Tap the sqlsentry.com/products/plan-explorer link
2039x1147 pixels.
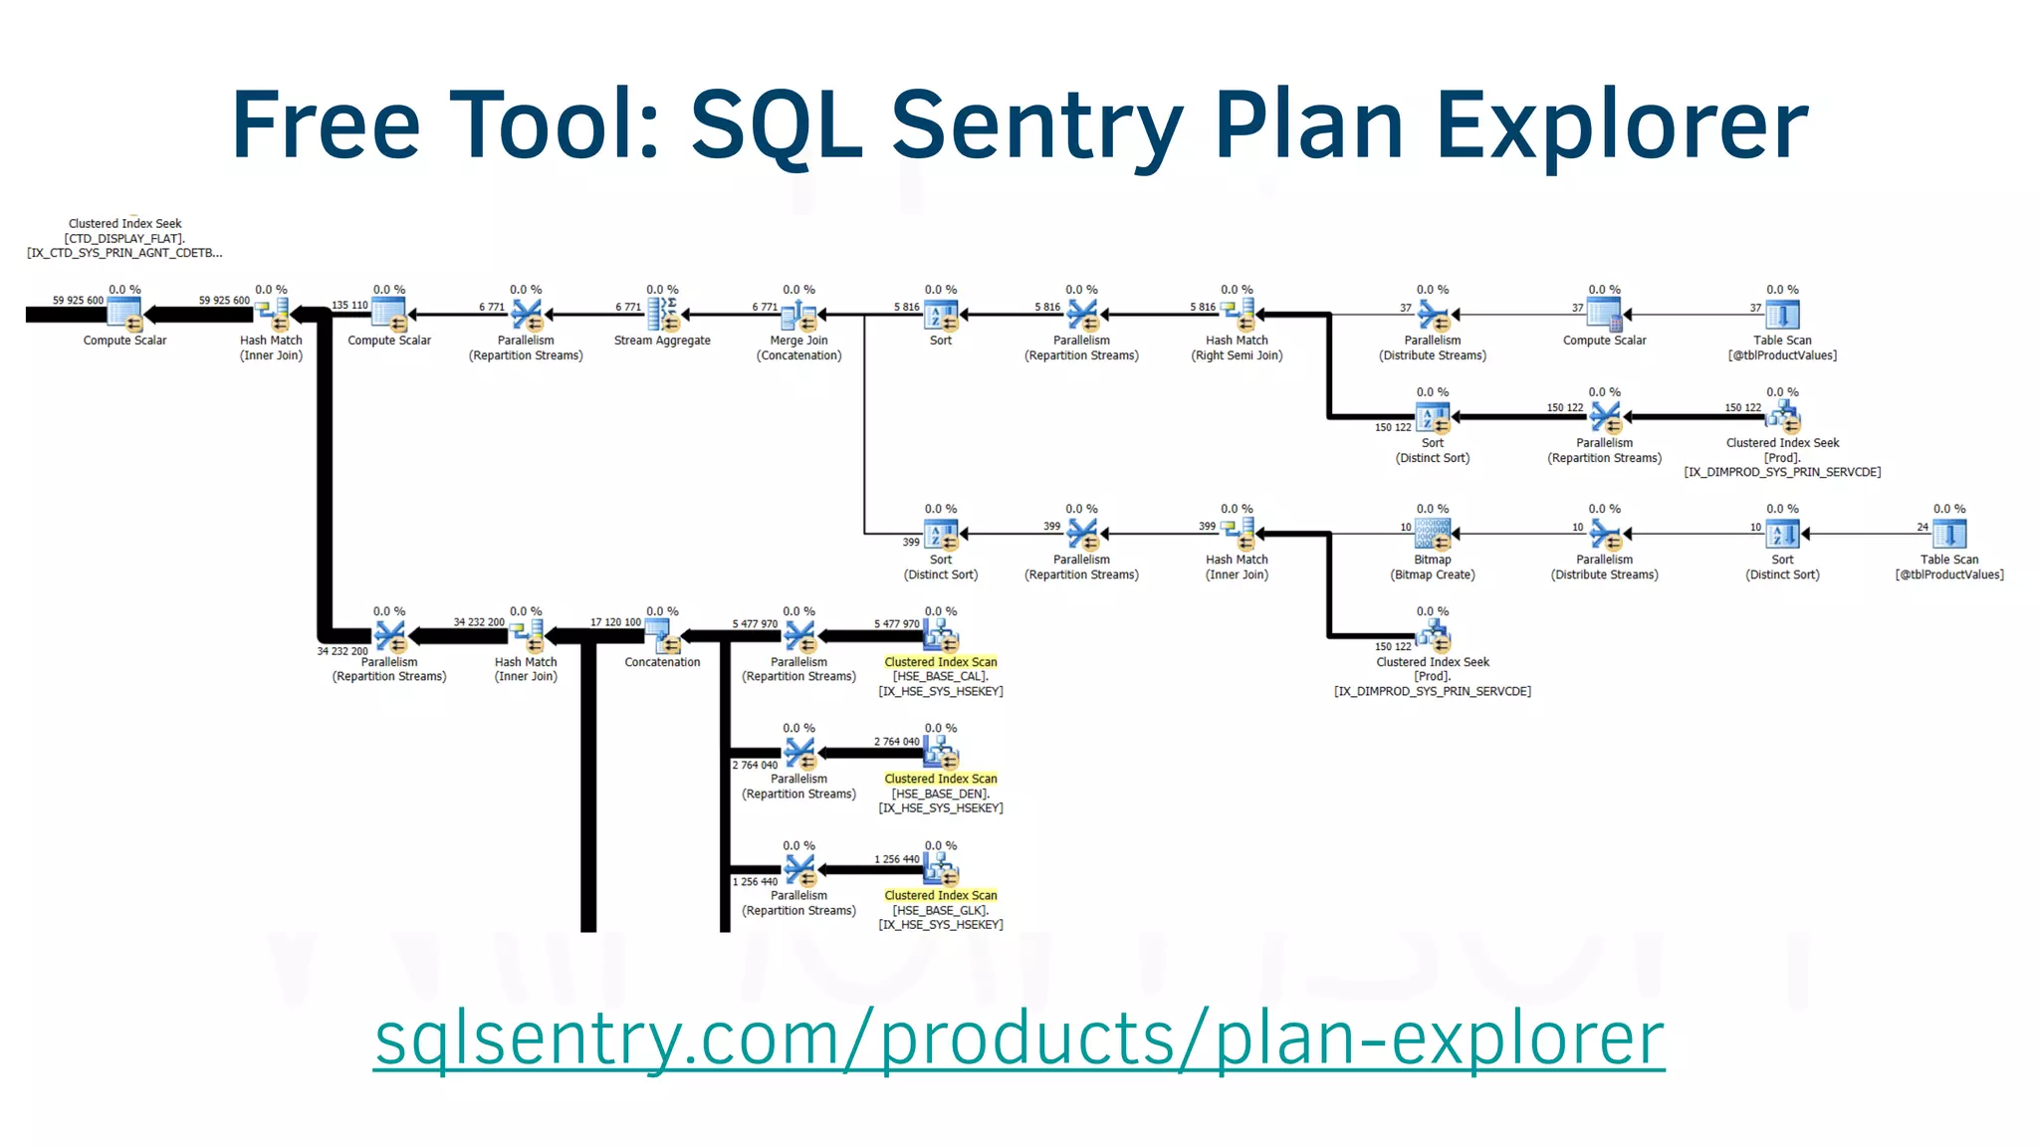[1019, 1038]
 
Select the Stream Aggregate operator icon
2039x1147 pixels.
[662, 315]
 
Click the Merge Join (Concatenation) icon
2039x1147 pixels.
[798, 315]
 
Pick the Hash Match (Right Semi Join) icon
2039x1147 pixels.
[1238, 315]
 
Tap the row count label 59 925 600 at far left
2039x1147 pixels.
[78, 300]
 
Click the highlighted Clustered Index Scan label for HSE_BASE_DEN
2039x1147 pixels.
[940, 779]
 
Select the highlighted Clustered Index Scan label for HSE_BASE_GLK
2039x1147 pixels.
[940, 895]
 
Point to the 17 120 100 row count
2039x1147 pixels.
[615, 622]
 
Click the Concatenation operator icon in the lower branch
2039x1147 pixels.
[662, 635]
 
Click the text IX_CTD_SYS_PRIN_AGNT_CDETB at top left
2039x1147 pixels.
[124, 253]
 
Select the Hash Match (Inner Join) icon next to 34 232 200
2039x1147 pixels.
[527, 635]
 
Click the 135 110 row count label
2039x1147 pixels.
[349, 306]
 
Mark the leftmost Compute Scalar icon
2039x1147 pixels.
[124, 315]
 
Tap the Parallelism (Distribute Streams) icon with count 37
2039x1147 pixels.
[1433, 315]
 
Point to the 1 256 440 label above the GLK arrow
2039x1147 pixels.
[897, 859]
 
